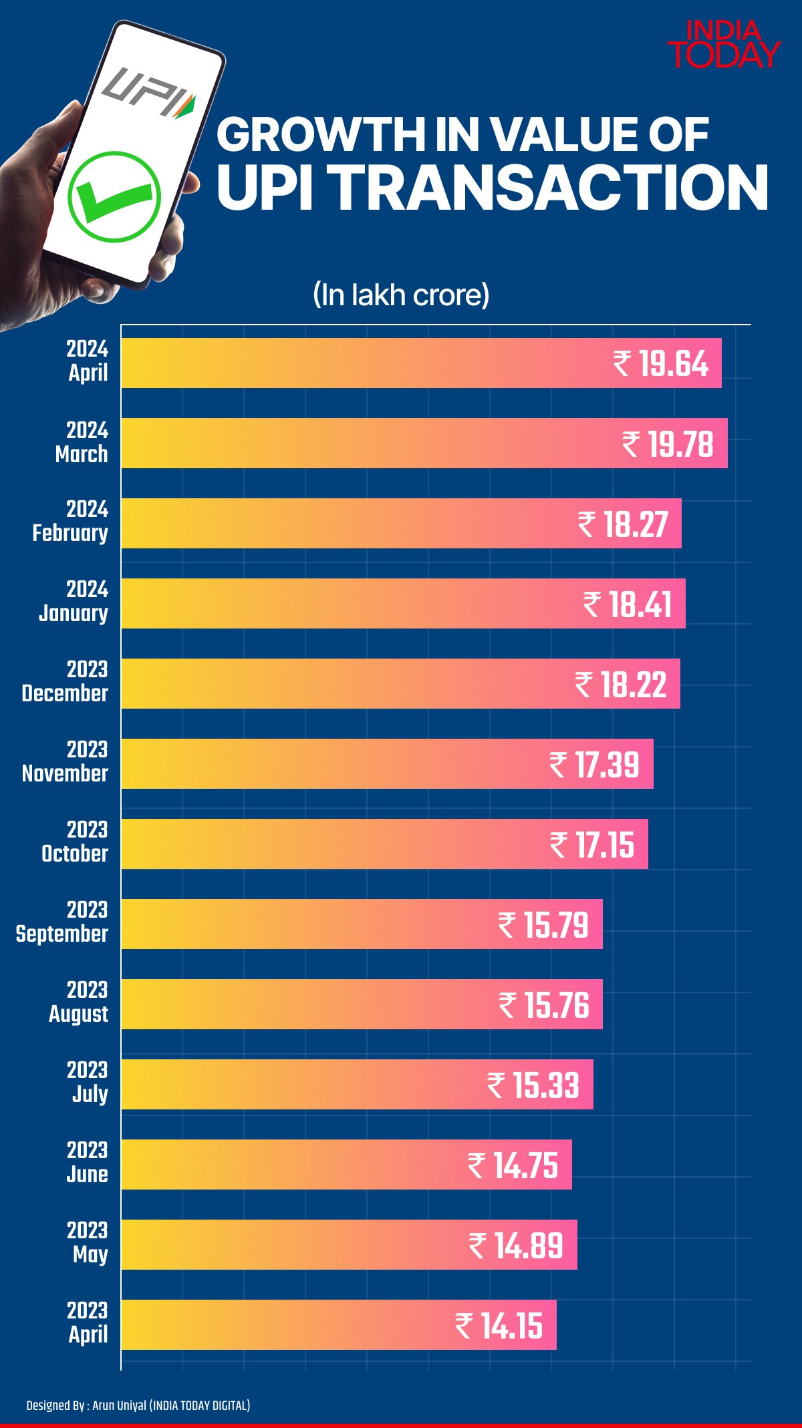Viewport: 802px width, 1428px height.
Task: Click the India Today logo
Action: pyautogui.click(x=724, y=45)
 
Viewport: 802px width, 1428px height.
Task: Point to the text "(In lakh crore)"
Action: pyautogui.click(x=401, y=295)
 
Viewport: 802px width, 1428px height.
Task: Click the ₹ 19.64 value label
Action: pyautogui.click(x=660, y=364)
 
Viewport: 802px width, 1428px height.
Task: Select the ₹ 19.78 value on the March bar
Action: pyautogui.click(x=668, y=444)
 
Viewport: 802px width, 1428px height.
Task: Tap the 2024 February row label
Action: pyautogui.click(x=70, y=521)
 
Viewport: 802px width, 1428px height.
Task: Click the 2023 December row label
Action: pyautogui.click(x=65, y=681)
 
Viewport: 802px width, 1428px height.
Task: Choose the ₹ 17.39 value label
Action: pyautogui.click(x=594, y=765)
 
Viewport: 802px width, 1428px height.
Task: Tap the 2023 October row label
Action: pyautogui.click(x=75, y=842)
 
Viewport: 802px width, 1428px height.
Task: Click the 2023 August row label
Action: pyautogui.click(x=78, y=1002)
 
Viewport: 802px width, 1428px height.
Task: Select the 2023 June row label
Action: pyautogui.click(x=87, y=1162)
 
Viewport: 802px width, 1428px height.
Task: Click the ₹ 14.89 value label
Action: pyautogui.click(x=516, y=1246)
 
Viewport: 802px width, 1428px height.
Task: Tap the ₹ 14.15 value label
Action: pyautogui.click(x=499, y=1326)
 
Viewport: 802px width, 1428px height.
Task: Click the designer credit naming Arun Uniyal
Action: pyautogui.click(x=138, y=1405)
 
